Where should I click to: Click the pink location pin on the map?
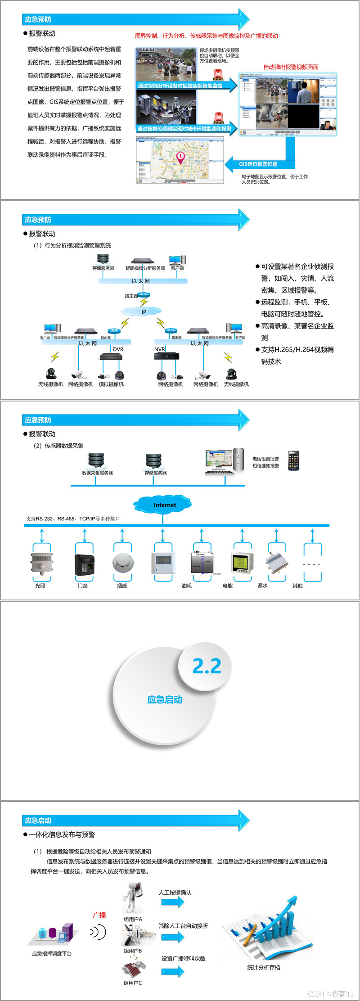(x=180, y=158)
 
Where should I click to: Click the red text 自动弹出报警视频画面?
(x=291, y=67)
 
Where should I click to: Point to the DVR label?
(x=118, y=349)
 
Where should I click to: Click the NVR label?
(x=159, y=349)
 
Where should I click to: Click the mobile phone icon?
(x=293, y=461)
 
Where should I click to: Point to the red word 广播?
(x=99, y=915)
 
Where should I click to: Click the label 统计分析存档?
(x=264, y=967)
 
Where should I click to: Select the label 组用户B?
(x=133, y=951)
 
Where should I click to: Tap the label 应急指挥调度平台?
(x=52, y=954)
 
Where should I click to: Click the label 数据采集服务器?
(x=97, y=473)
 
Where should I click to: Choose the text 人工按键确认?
(x=175, y=893)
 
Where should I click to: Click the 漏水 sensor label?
(x=262, y=586)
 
